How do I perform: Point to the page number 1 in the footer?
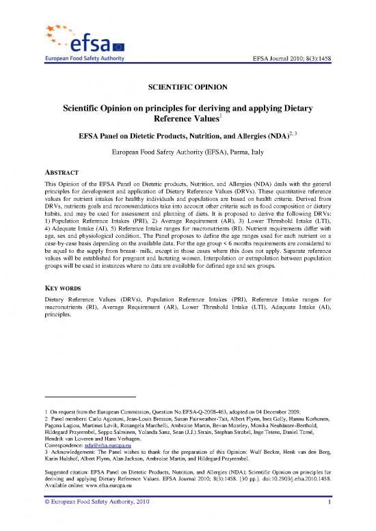pos(329,522)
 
